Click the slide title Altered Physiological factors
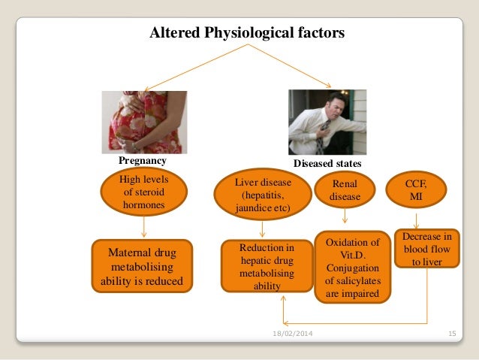[247, 33]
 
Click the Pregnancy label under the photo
[142, 161]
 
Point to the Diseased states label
[327, 162]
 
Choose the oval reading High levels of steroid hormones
[144, 190]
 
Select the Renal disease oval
[345, 191]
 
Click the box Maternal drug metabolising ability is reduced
[141, 266]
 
